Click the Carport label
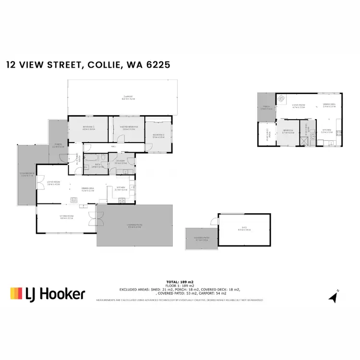[x=127, y=97]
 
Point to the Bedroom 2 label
[x=158, y=135]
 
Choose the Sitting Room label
[x=66, y=217]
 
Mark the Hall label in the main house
[x=113, y=147]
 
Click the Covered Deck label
[x=27, y=175]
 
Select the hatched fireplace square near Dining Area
[x=74, y=201]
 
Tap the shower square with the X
[x=304, y=142]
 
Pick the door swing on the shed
[x=213, y=221]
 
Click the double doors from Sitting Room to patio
[x=92, y=218]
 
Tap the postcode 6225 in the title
[x=155, y=65]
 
